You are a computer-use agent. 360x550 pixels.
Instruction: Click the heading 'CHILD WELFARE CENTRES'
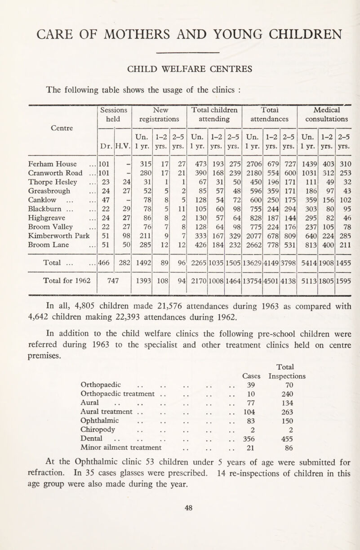pyautogui.click(x=180, y=68)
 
